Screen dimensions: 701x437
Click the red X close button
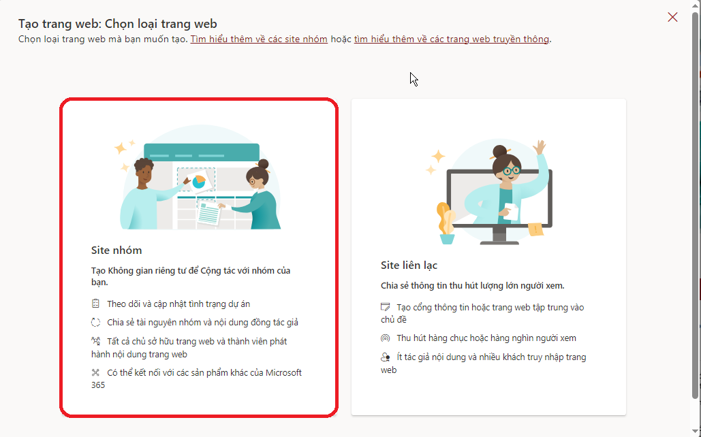click(x=672, y=17)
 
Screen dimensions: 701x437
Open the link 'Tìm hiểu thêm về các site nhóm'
click(x=259, y=39)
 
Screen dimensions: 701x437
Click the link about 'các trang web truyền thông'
click(x=452, y=39)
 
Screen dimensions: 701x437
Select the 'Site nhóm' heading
click(x=116, y=250)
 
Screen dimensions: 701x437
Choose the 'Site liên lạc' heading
click(x=409, y=265)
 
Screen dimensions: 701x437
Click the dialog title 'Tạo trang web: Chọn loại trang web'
click(x=118, y=24)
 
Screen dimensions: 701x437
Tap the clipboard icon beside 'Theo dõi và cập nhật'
click(x=95, y=304)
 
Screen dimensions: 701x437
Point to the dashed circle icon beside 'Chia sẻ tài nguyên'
click(x=95, y=322)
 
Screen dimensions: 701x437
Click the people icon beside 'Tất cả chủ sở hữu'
click(x=95, y=341)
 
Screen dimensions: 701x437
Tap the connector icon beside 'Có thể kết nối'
click(x=95, y=372)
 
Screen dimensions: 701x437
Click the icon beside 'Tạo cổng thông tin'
click(x=386, y=307)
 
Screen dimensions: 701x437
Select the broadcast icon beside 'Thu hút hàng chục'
click(x=386, y=338)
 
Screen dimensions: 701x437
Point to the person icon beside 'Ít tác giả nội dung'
click(x=386, y=357)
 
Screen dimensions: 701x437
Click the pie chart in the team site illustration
click(x=199, y=182)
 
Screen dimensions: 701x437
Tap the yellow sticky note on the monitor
click(x=535, y=229)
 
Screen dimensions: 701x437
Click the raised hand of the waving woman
click(x=540, y=148)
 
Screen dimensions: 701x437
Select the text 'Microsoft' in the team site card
click(x=284, y=372)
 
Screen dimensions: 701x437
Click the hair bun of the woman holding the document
click(x=264, y=164)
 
